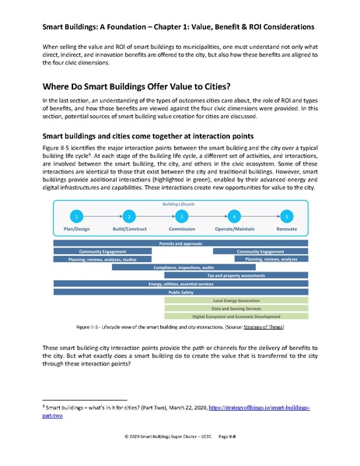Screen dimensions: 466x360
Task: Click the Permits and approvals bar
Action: coord(180,244)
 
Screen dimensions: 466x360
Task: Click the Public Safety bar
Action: coord(180,291)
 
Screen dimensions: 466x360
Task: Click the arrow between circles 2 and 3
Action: coord(156,215)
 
